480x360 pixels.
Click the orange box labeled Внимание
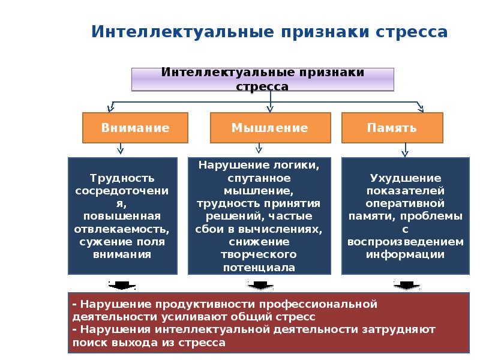pyautogui.click(x=135, y=128)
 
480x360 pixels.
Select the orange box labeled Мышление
pyautogui.click(x=271, y=128)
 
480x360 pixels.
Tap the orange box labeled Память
pyautogui.click(x=392, y=128)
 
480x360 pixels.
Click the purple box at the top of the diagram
pyautogui.click(x=263, y=80)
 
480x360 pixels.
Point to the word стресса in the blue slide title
pyautogui.click(x=412, y=32)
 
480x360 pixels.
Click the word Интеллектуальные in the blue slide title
pyautogui.click(x=182, y=32)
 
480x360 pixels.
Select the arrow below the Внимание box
pyautogui.click(x=121, y=148)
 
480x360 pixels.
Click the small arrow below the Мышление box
pyautogui.click(x=259, y=148)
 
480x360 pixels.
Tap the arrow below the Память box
pyautogui.click(x=405, y=149)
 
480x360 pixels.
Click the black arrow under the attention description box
pyautogui.click(x=122, y=286)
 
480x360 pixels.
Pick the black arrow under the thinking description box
pyautogui.click(x=260, y=286)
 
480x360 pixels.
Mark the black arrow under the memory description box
pyautogui.click(x=406, y=286)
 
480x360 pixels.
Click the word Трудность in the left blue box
pyautogui.click(x=122, y=178)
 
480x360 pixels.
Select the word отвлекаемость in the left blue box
pyautogui.click(x=122, y=229)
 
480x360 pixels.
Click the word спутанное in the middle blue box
pyautogui.click(x=259, y=178)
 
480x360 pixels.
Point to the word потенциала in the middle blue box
pyautogui.click(x=259, y=268)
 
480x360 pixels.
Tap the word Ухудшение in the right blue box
pyautogui.click(x=406, y=178)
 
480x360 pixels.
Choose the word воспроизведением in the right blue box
pyautogui.click(x=406, y=242)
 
